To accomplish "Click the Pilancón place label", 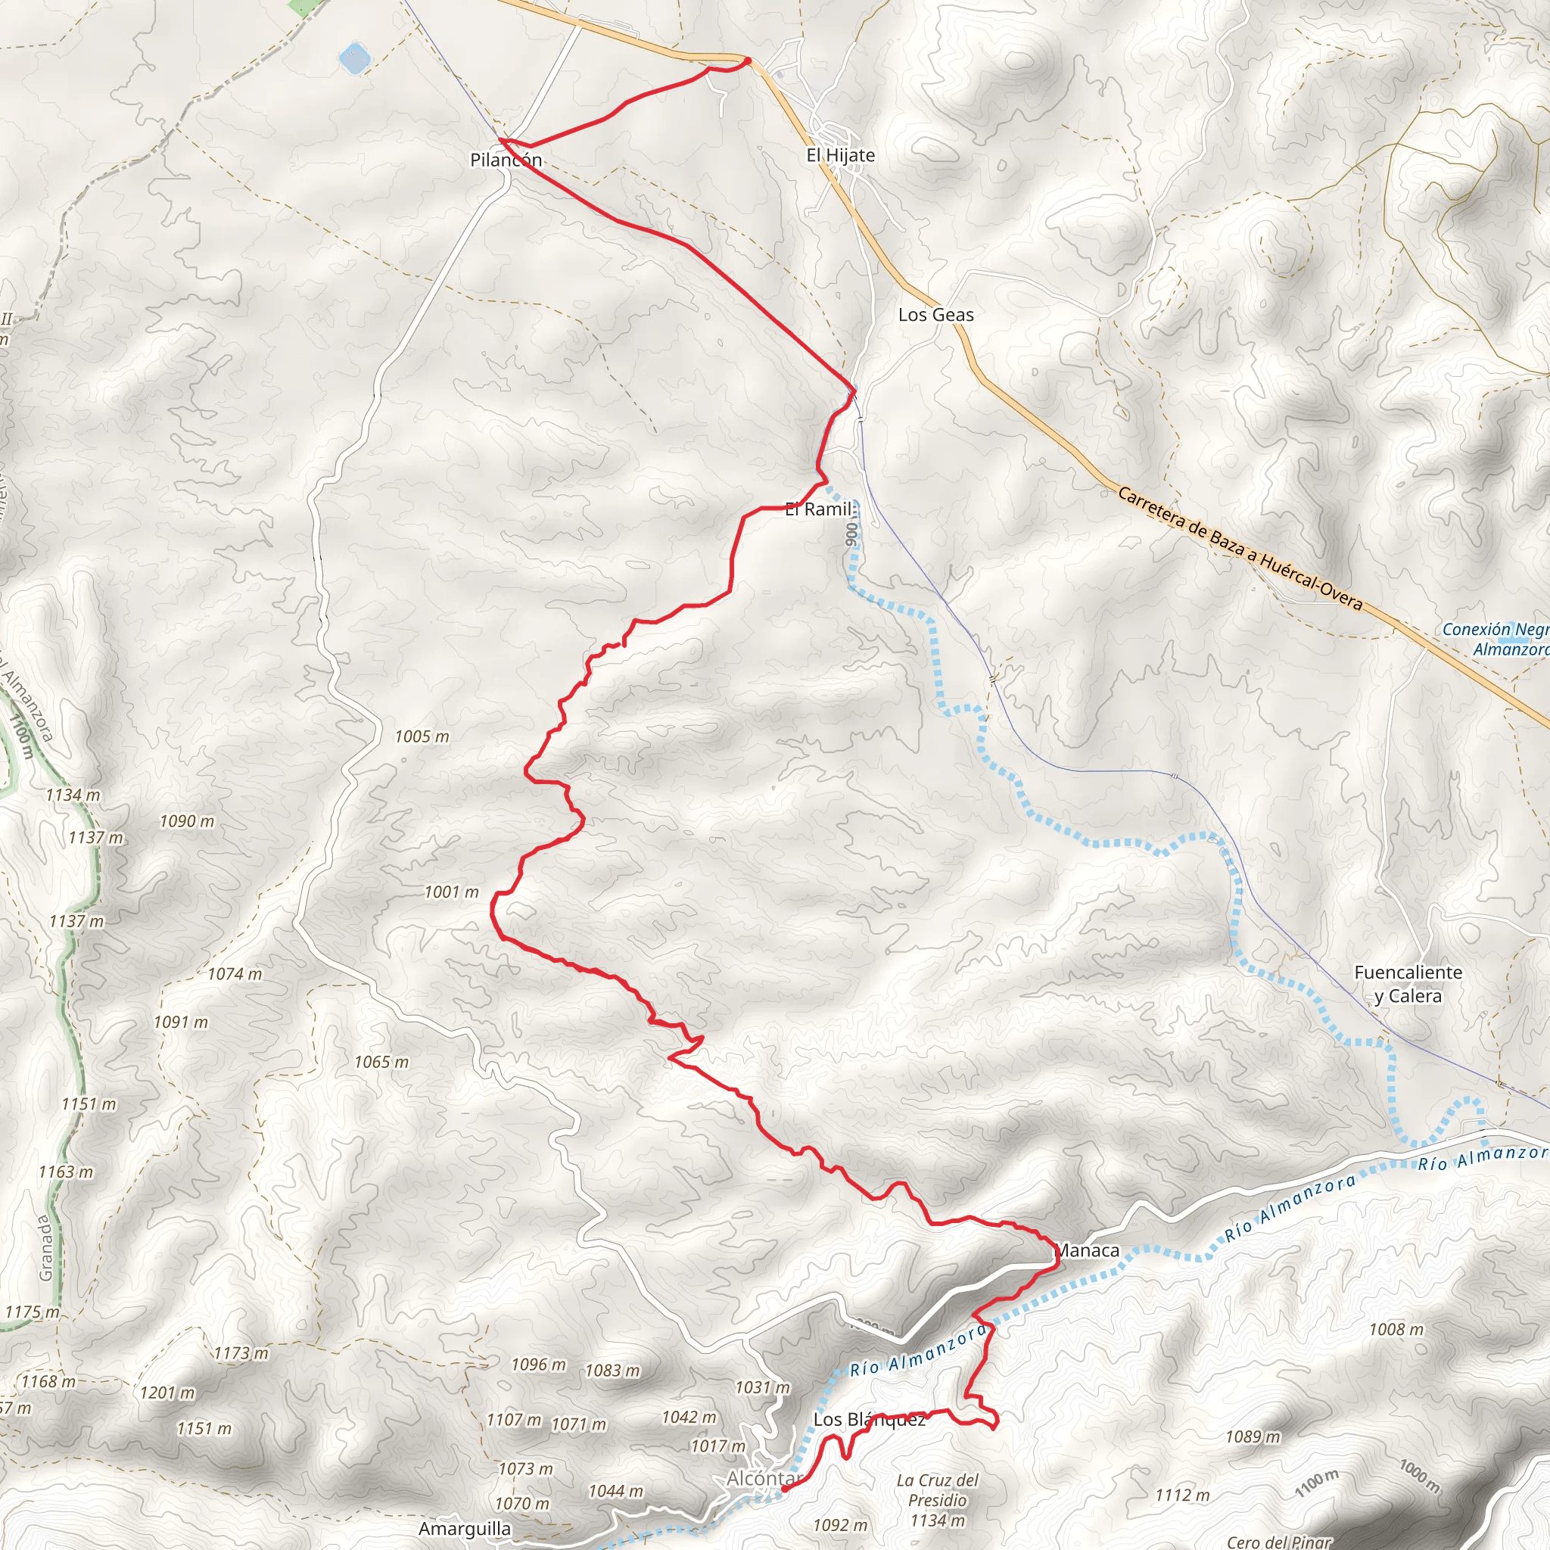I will [506, 160].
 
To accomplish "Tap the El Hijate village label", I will [840, 155].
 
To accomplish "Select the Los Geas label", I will [935, 315].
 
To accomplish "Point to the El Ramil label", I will [818, 509].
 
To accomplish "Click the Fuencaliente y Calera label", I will [1408, 984].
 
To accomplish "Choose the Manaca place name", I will [1087, 1250].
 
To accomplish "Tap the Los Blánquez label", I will [869, 1419].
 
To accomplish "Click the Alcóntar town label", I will [764, 1478].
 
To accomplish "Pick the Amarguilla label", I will [465, 1528].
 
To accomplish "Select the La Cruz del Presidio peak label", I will [937, 1499].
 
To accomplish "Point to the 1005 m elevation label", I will [422, 736].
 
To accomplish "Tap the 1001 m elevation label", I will [452, 892].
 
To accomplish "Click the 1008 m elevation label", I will [1396, 1329].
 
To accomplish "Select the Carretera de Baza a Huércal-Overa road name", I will [1240, 549].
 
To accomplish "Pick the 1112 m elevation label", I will [1181, 1495].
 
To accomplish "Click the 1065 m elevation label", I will [381, 1062].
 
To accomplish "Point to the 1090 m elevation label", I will [187, 821].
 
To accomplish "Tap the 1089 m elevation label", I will [1253, 1436].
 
